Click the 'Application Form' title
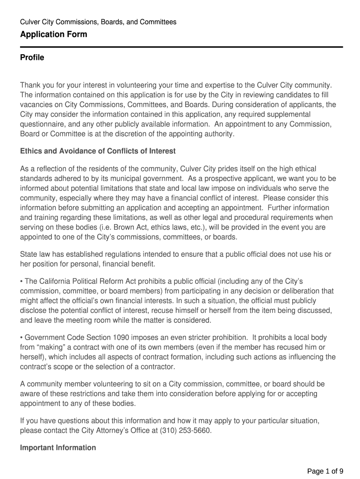point(53,35)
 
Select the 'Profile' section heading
point(32,58)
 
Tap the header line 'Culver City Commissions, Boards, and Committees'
point(98,22)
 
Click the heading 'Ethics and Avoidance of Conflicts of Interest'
point(98,151)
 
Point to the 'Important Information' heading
point(58,448)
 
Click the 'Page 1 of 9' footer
point(325,471)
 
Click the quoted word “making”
point(52,348)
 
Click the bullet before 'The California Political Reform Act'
point(22,281)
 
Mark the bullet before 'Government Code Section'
point(22,338)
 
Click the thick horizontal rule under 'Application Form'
point(181,47)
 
